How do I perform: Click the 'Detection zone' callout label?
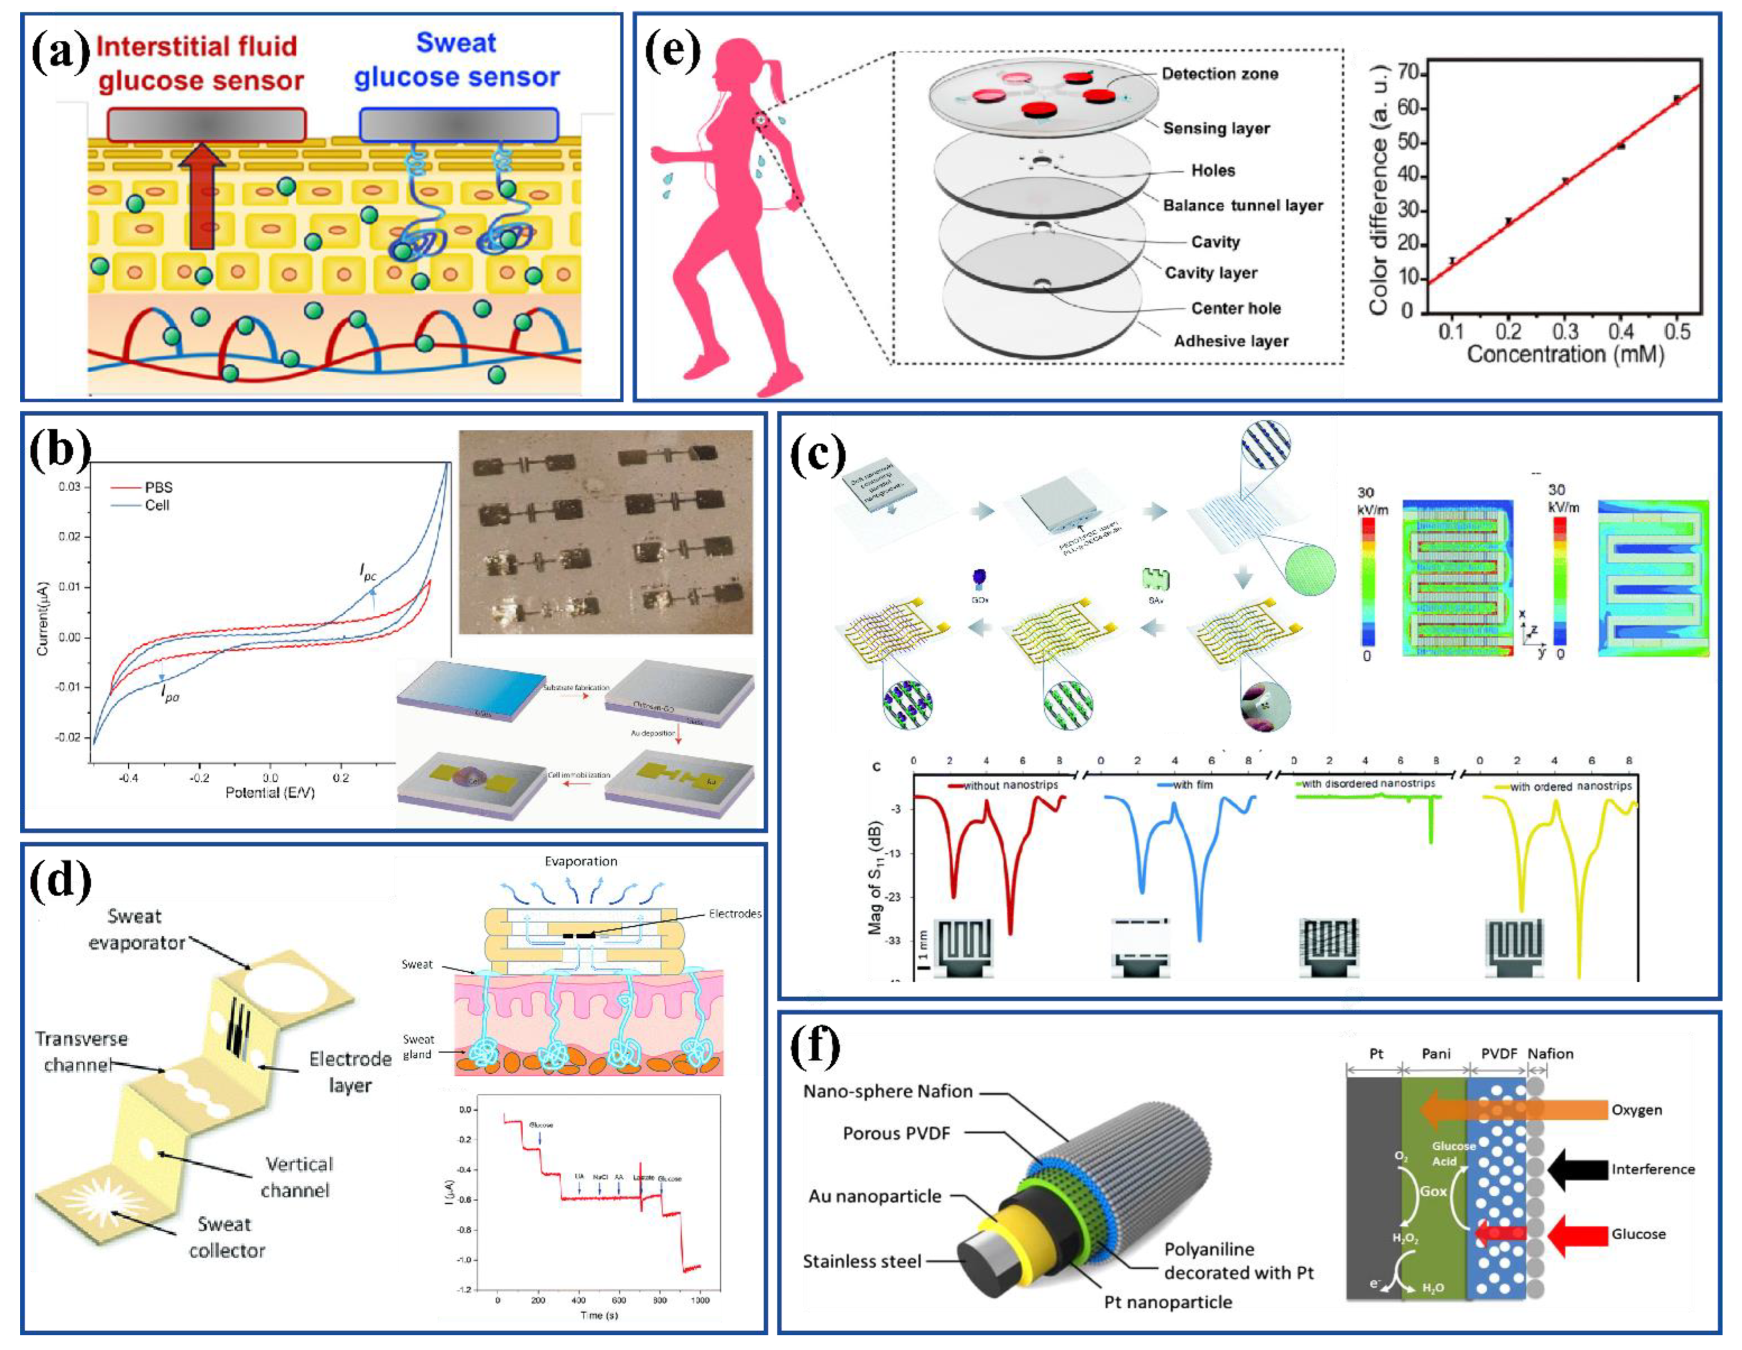click(x=1220, y=74)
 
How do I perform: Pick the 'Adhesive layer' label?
click(x=1231, y=341)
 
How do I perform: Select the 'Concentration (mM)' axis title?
click(x=1565, y=354)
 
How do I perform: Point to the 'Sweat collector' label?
click(x=226, y=1237)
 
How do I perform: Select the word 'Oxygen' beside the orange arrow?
click(x=1636, y=1110)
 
